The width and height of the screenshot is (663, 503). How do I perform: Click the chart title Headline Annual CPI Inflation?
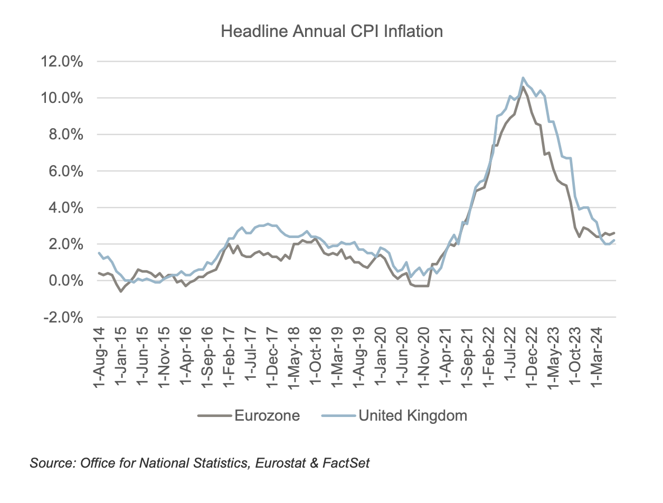tap(331, 32)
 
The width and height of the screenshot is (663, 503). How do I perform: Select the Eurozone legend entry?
tap(267, 416)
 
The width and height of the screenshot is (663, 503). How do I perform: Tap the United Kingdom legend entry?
tap(412, 416)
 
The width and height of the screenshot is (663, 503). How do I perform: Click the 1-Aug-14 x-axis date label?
tap(99, 358)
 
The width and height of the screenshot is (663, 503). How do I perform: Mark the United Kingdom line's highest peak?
tap(523, 78)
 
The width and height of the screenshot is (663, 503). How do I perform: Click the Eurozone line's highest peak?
tap(523, 88)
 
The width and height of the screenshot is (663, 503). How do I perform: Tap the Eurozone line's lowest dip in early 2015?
tap(121, 291)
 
